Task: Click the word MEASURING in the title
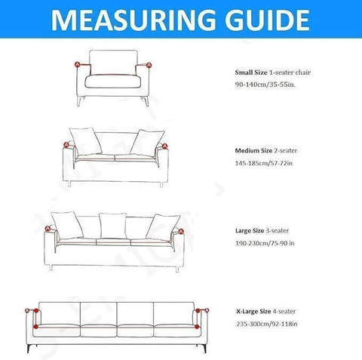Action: point(133,20)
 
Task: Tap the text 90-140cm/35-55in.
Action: point(265,85)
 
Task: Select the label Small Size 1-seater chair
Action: point(273,72)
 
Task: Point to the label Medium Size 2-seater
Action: point(266,150)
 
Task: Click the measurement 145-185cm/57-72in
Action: point(264,163)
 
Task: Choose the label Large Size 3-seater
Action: point(262,230)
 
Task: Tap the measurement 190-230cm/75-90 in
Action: point(265,243)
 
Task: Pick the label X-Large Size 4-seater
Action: point(266,311)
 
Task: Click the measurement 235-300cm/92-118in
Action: point(267,324)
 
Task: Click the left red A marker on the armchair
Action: point(78,64)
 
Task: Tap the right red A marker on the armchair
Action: point(149,65)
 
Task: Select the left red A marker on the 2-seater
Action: point(66,145)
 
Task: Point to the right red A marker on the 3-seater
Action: point(181,231)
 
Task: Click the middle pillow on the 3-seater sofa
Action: point(113,226)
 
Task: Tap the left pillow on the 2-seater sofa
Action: point(85,141)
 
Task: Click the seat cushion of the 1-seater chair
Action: point(113,82)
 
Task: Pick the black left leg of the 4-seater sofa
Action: point(29,348)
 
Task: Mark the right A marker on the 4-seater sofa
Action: point(207,310)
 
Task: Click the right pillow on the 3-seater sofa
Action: point(163,227)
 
